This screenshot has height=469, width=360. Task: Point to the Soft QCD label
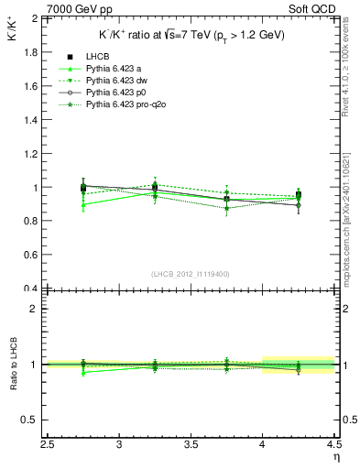(311, 9)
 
